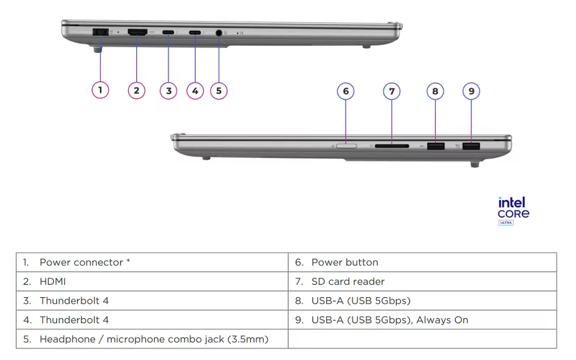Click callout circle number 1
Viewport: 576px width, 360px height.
(100, 90)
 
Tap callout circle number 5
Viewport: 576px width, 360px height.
(219, 91)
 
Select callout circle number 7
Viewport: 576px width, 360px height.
(392, 91)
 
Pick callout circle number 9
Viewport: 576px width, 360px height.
(471, 91)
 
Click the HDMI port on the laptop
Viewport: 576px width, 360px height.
(138, 32)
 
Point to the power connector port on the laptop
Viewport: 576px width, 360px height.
(99, 32)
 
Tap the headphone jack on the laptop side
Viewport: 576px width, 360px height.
(219, 33)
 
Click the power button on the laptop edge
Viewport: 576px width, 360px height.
(347, 146)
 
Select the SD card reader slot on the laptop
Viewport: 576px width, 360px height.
(392, 146)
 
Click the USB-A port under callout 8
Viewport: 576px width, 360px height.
(435, 146)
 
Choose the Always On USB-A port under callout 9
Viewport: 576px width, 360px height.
(471, 146)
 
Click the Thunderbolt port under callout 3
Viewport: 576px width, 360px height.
(168, 33)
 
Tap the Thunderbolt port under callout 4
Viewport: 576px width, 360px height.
(195, 33)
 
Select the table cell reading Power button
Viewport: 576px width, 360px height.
(345, 262)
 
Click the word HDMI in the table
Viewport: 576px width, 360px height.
(52, 282)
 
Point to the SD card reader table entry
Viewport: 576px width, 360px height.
(348, 282)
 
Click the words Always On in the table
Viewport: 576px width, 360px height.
(442, 320)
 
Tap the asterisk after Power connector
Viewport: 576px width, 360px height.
(128, 261)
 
